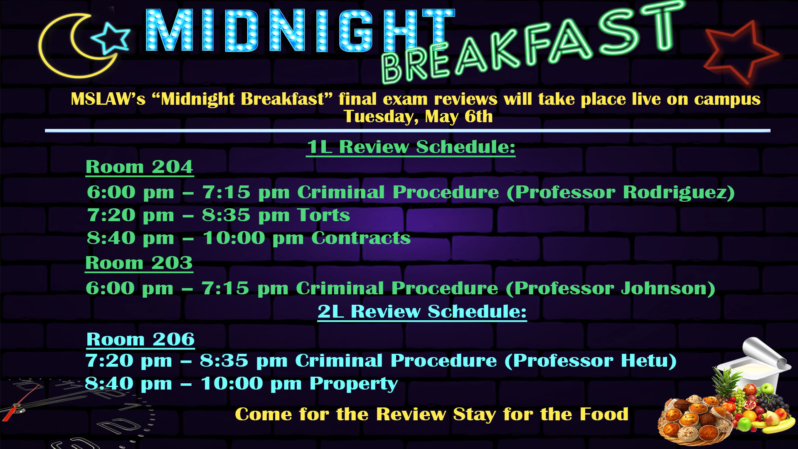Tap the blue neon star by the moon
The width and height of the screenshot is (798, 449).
(x=111, y=37)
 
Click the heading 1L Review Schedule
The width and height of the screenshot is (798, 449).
(x=411, y=147)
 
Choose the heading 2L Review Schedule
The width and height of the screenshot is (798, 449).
(x=422, y=311)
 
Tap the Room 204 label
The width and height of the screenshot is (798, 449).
(x=139, y=167)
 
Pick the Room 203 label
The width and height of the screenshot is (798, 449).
(x=139, y=263)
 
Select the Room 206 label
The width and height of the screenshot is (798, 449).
(x=140, y=340)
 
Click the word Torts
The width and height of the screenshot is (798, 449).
(x=324, y=215)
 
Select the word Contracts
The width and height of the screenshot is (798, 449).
(x=361, y=238)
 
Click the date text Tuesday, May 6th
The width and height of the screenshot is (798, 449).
(x=418, y=117)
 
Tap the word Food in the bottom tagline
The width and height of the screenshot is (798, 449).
(x=604, y=414)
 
